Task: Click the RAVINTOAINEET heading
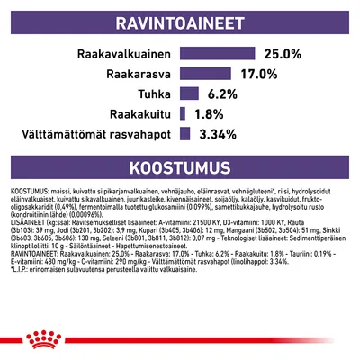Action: click(180, 21)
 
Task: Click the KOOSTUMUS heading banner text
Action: click(180, 168)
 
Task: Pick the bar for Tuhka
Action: click(189, 94)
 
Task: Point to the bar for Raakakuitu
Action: click(183, 114)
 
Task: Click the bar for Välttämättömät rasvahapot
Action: click(184, 135)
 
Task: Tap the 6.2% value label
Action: click(221, 94)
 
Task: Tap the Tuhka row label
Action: click(155, 94)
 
